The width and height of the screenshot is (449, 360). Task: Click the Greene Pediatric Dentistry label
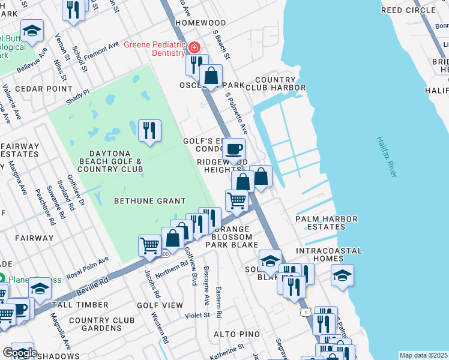point(154,49)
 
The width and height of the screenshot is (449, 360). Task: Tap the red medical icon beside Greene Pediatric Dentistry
point(194,47)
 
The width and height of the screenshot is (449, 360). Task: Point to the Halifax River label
point(387,156)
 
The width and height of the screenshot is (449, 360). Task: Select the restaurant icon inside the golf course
point(149,130)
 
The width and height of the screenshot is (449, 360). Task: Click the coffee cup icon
point(234,149)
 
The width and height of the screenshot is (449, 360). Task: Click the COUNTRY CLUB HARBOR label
point(276,84)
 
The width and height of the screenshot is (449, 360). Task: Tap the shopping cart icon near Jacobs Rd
point(149,245)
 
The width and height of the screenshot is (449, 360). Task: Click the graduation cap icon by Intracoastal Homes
point(343,275)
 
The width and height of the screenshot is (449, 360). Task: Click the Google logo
point(19,353)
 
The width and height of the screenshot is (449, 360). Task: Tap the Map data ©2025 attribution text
point(423,355)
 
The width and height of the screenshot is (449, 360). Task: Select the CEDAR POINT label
point(35,88)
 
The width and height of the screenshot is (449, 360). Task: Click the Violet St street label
point(197,314)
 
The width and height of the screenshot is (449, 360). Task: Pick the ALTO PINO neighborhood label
point(237,334)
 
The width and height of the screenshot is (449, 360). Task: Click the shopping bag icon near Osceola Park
point(211,76)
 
